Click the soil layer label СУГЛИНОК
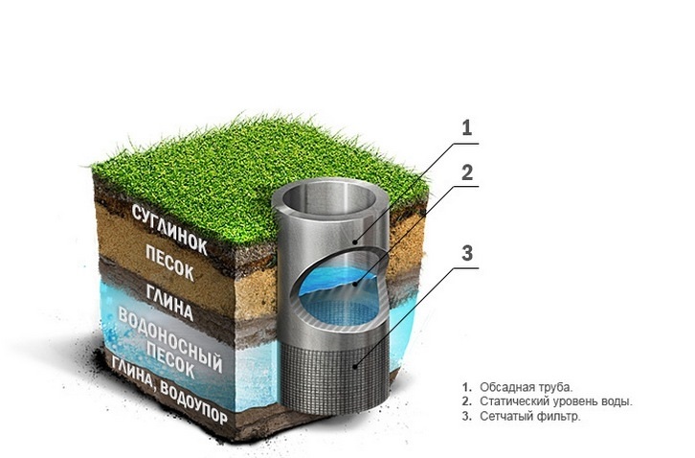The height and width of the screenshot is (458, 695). (x=169, y=229)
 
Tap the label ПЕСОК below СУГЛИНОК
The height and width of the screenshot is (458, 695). (x=169, y=263)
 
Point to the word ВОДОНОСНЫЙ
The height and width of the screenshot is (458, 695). (x=169, y=339)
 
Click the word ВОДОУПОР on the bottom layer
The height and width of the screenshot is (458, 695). (x=193, y=402)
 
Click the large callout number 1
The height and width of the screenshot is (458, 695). (x=467, y=127)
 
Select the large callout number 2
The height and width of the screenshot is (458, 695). (x=467, y=172)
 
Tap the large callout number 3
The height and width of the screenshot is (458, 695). (x=467, y=253)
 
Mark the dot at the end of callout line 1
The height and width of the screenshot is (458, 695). (x=355, y=241)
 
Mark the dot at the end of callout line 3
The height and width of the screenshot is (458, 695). (x=355, y=366)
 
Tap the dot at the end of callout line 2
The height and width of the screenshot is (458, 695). (x=355, y=285)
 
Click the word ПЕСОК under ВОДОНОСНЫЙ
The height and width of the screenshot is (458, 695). (x=170, y=359)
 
